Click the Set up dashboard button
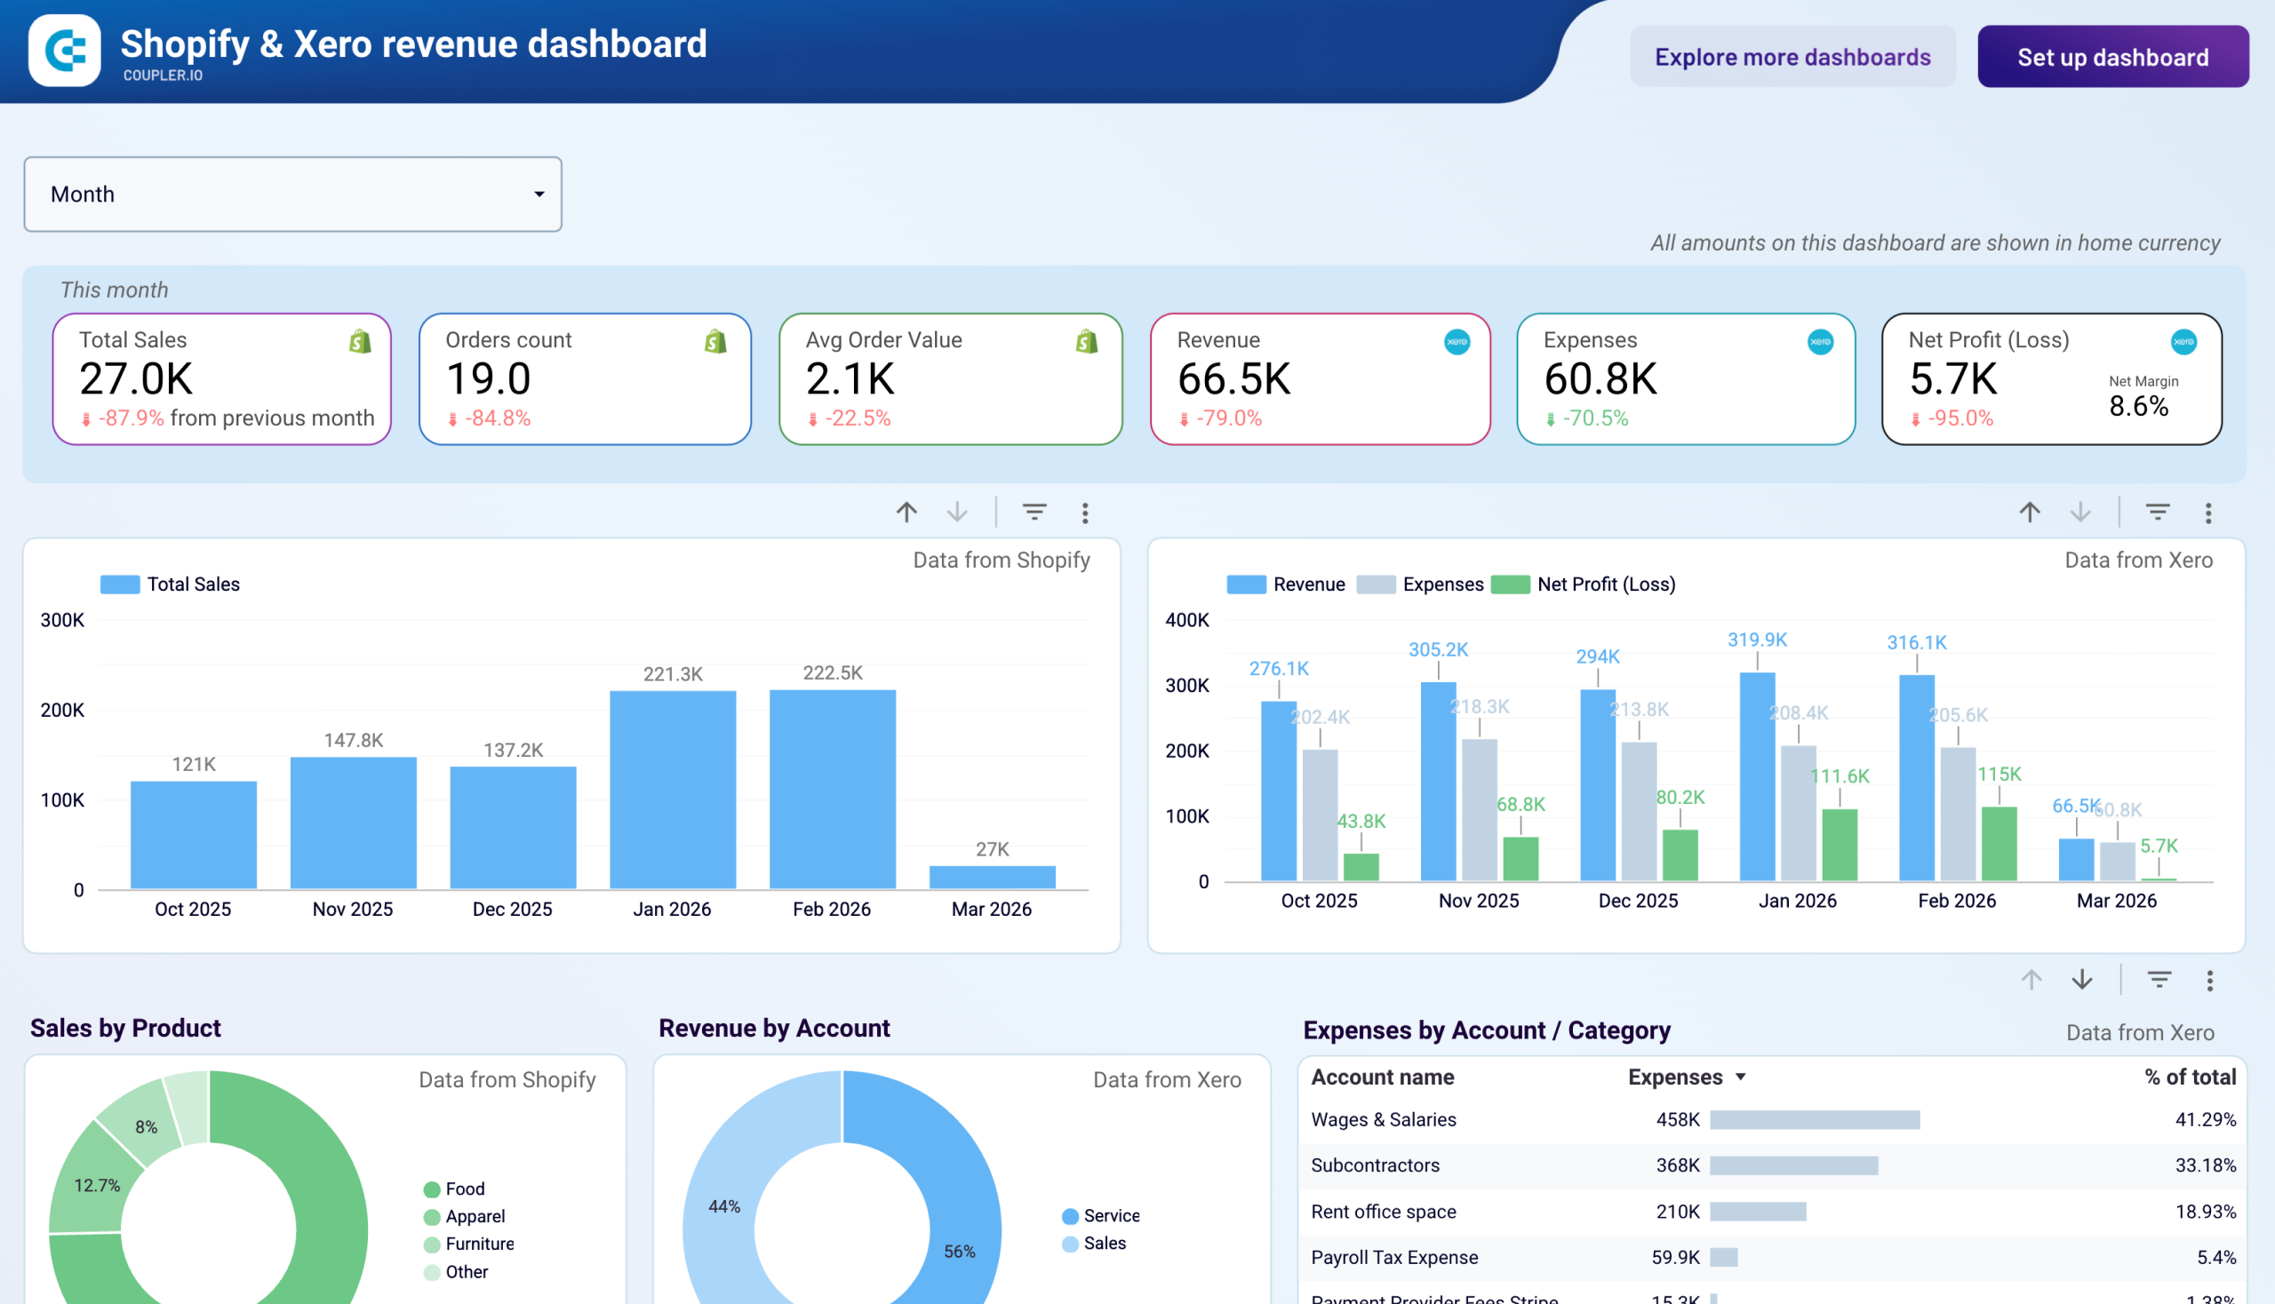pyautogui.click(x=2111, y=57)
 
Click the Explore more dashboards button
pyautogui.click(x=1792, y=57)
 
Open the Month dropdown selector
pyautogui.click(x=292, y=195)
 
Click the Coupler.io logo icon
pyautogui.click(x=65, y=50)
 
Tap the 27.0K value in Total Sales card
pyautogui.click(x=136, y=378)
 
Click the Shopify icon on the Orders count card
pyautogui.click(x=715, y=341)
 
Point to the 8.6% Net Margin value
pyautogui.click(x=2138, y=406)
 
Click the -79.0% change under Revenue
pyautogui.click(x=1227, y=418)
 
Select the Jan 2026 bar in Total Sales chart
pyautogui.click(x=672, y=788)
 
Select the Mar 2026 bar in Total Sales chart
pyautogui.click(x=992, y=877)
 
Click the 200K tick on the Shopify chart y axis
pyautogui.click(x=62, y=711)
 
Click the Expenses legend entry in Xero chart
pyautogui.click(x=1441, y=584)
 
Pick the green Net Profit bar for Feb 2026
pyautogui.click(x=1998, y=843)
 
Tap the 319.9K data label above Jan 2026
pyautogui.click(x=1756, y=640)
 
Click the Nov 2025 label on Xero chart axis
pyautogui.click(x=1478, y=901)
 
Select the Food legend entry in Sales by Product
pyautogui.click(x=463, y=1189)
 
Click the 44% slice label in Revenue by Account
pyautogui.click(x=724, y=1206)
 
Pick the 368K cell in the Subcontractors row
pyautogui.click(x=1676, y=1165)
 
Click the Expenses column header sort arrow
pyautogui.click(x=1740, y=1077)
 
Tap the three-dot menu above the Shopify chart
pyautogui.click(x=1084, y=513)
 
